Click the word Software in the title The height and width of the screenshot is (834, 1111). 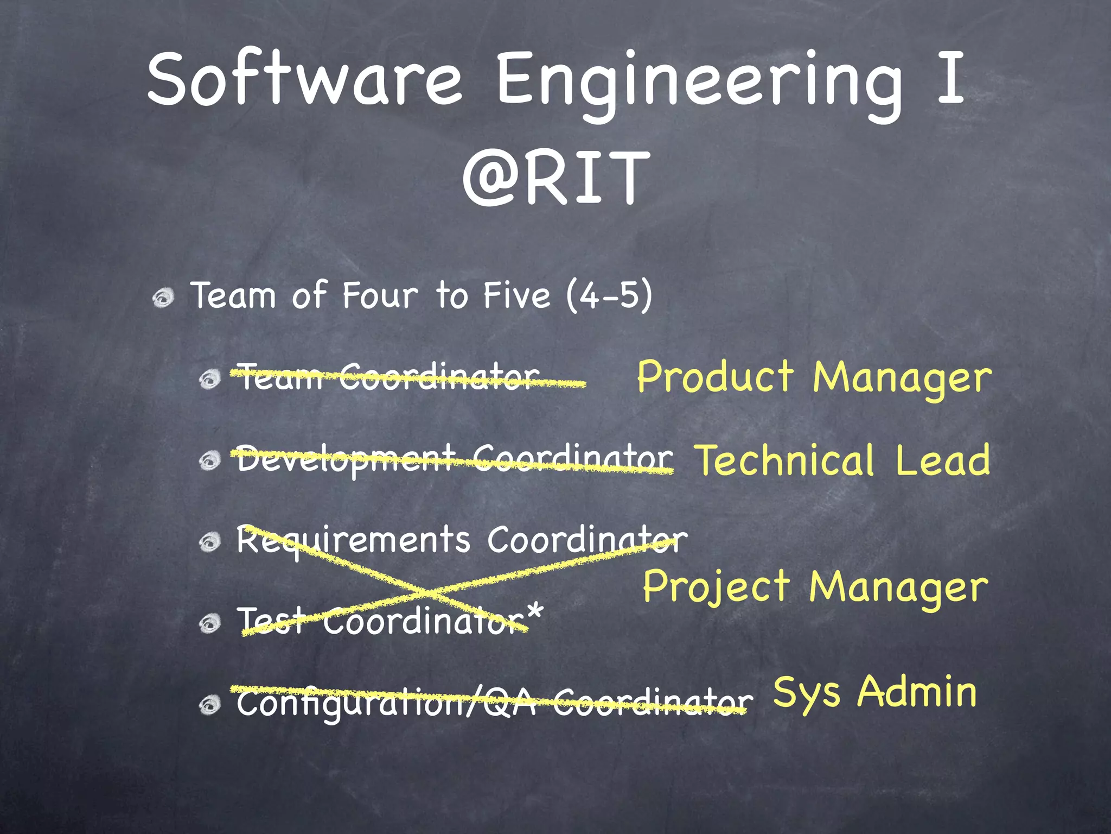pyautogui.click(x=304, y=80)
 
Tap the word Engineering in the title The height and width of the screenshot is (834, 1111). pyautogui.click(x=700, y=81)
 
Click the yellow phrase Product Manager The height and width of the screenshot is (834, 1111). pyautogui.click(x=814, y=378)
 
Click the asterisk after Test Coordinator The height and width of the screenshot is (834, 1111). pyautogui.click(x=534, y=613)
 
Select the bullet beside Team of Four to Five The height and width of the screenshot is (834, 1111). pyautogui.click(x=163, y=297)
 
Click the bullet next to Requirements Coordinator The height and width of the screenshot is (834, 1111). pyautogui.click(x=209, y=541)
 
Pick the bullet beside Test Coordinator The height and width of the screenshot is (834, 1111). pyautogui.click(x=209, y=623)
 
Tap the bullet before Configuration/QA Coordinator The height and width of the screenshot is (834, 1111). pyautogui.click(x=209, y=705)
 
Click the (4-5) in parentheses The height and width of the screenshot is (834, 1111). pyautogui.click(x=609, y=296)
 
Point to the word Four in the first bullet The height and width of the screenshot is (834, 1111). pyautogui.click(x=380, y=296)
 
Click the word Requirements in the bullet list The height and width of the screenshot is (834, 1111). pyautogui.click(x=353, y=541)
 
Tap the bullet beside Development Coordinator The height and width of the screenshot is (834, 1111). pyautogui.click(x=209, y=461)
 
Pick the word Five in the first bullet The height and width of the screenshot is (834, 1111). pyautogui.click(x=516, y=296)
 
